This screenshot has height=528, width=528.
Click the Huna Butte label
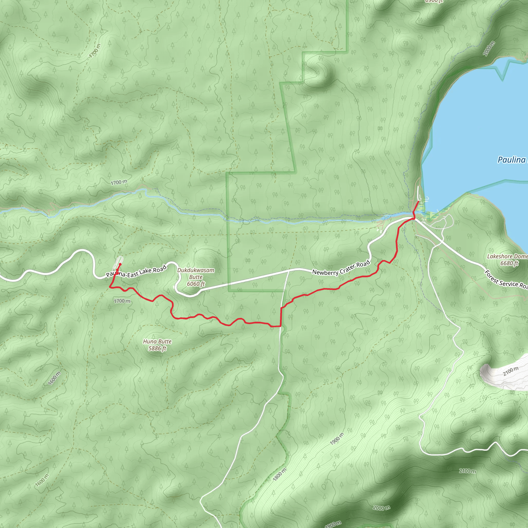click(157, 342)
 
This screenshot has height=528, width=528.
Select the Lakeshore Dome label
click(507, 256)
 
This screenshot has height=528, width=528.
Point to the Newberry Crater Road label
click(341, 268)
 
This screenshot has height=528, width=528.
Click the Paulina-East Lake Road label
click(136, 271)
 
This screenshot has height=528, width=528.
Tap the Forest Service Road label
click(506, 280)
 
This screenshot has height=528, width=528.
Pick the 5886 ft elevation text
click(157, 349)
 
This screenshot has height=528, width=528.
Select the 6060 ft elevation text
click(196, 284)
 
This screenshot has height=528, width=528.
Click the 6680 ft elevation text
click(509, 263)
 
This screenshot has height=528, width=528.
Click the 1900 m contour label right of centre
click(337, 439)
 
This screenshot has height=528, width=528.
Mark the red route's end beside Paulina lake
click(419, 201)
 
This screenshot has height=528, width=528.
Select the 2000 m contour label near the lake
click(489, 49)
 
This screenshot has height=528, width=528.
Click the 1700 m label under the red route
click(122, 301)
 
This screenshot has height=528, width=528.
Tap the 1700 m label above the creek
click(119, 182)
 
